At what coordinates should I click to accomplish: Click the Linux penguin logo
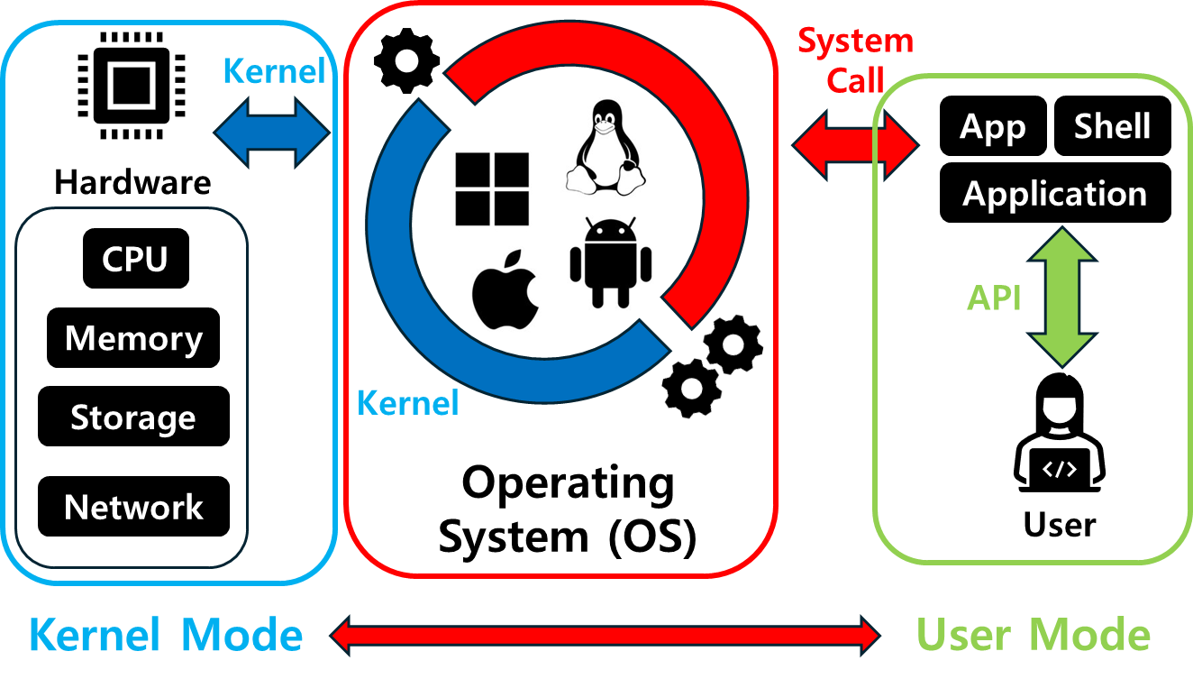[606, 148]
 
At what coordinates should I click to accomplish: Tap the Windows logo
[491, 189]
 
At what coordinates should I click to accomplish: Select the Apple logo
[507, 293]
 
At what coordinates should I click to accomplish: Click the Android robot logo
[610, 261]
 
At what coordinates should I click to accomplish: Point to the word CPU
[134, 260]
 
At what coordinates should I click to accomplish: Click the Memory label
[133, 339]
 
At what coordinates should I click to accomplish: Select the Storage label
[133, 418]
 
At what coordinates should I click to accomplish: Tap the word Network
[133, 508]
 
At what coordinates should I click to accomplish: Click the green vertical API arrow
[1062, 297]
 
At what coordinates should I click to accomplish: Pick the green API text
[994, 298]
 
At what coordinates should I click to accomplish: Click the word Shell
[1112, 127]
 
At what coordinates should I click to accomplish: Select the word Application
[1054, 194]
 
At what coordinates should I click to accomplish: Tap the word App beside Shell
[992, 128]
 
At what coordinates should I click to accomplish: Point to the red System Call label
[855, 60]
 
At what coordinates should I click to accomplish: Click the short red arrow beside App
[855, 144]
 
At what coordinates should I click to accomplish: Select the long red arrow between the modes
[605, 636]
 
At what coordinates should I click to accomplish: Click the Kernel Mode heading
[166, 636]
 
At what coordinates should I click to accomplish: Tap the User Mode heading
[1034, 636]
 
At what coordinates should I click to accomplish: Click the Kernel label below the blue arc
[407, 403]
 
